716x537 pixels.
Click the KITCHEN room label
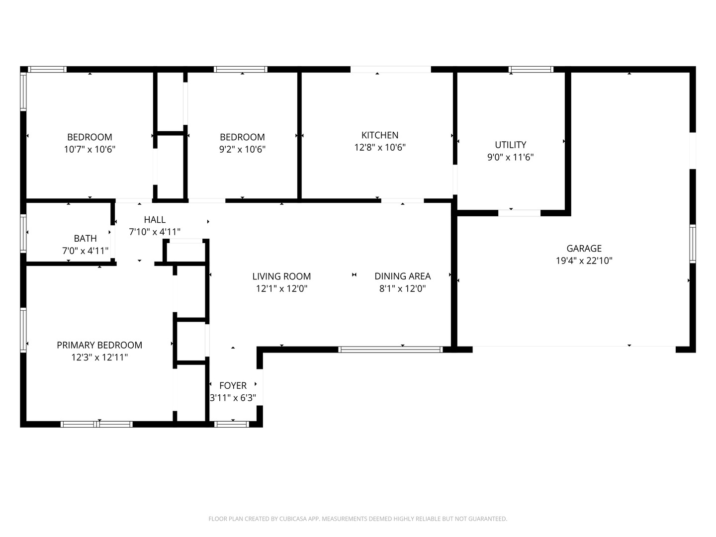[380, 135]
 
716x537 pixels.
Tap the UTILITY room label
[510, 145]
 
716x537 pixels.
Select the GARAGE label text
[584, 249]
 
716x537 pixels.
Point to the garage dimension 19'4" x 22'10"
[584, 261]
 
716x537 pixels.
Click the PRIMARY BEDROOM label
[99, 345]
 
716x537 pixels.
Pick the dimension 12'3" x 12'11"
[99, 358]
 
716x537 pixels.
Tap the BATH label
[85, 238]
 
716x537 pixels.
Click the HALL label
[155, 219]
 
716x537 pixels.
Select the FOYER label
[233, 385]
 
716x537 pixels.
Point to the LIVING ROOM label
[281, 276]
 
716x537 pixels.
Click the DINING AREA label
[403, 276]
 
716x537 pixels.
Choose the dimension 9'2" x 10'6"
[242, 149]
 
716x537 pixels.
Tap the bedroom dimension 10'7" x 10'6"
[89, 149]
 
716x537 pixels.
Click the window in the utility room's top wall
[531, 69]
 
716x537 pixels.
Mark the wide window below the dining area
[390, 350]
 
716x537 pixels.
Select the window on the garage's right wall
[693, 244]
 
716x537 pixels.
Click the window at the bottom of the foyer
[232, 424]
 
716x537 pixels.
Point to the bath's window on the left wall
[23, 234]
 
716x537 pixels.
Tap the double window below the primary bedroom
[96, 424]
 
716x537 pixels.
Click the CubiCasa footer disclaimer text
[358, 519]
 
